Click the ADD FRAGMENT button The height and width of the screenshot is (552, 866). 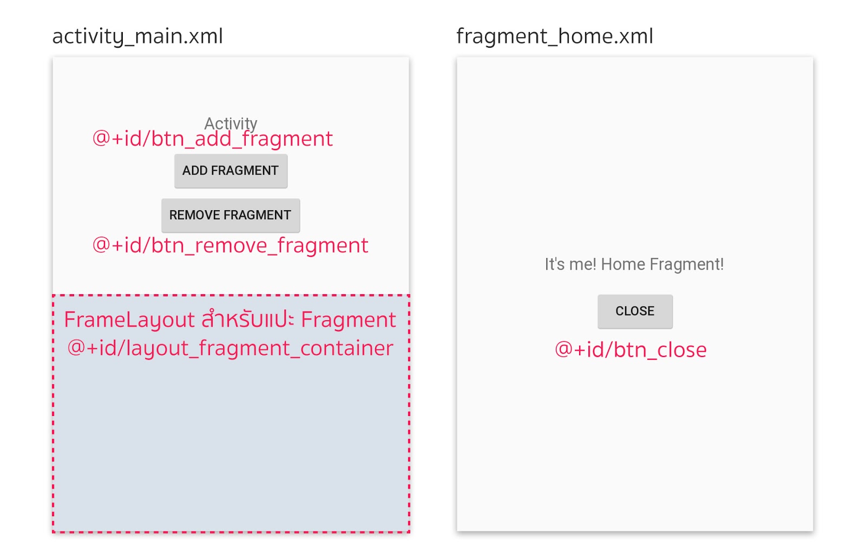click(231, 171)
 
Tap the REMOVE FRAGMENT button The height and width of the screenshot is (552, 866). click(231, 216)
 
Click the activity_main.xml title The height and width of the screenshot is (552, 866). click(137, 36)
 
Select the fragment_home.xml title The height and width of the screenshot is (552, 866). click(555, 36)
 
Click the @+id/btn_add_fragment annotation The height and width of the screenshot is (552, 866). click(213, 139)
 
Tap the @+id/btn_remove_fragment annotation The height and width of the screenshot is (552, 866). click(231, 246)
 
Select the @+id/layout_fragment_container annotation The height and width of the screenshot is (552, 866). click(231, 348)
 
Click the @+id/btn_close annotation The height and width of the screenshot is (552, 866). click(631, 350)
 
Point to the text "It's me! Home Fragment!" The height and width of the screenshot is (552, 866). click(634, 264)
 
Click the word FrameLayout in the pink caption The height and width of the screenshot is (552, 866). click(129, 320)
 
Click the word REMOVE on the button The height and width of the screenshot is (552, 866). click(187, 216)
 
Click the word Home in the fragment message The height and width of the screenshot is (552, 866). click(623, 264)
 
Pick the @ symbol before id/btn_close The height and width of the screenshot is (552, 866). click(564, 349)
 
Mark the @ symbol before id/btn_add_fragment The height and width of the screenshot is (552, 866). click(101, 138)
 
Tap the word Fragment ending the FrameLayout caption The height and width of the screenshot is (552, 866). click(349, 320)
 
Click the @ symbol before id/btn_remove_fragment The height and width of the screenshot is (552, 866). click(101, 245)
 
